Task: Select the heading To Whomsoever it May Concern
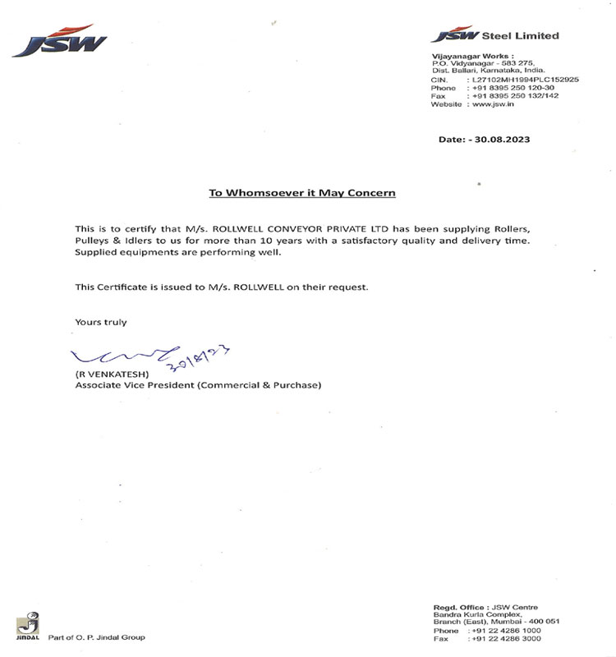[302, 193]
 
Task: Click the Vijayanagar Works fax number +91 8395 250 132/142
[515, 96]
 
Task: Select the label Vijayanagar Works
[465, 55]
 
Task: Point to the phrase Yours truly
[101, 322]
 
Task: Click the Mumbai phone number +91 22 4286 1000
[515, 630]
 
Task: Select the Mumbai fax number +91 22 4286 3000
[515, 638]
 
